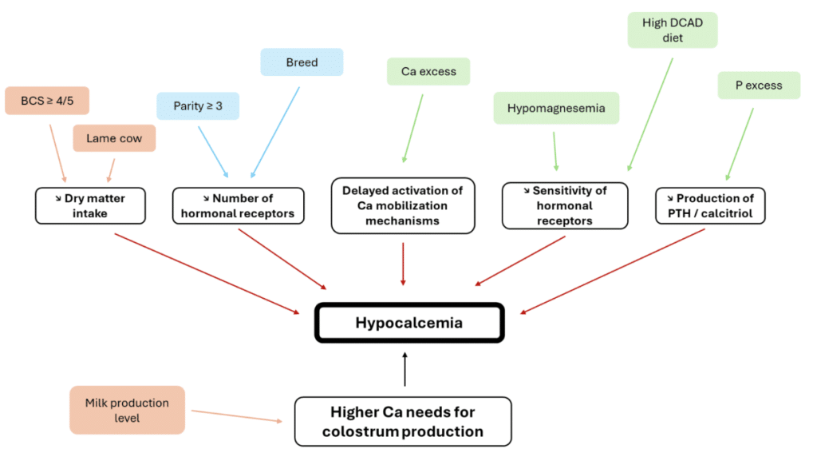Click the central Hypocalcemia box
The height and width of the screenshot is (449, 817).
(408, 323)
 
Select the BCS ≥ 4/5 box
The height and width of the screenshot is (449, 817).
(46, 101)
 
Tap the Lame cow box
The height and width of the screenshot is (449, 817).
(114, 138)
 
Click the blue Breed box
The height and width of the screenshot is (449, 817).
(302, 62)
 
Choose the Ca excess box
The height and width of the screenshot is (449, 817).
(428, 71)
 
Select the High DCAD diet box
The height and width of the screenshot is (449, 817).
(673, 30)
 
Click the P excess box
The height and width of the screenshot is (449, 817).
(759, 85)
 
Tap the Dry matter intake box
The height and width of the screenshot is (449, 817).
(89, 205)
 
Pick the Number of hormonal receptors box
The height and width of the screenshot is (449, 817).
(239, 205)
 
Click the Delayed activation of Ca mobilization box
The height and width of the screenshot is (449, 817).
(402, 205)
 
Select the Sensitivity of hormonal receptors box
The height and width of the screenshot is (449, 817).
(565, 205)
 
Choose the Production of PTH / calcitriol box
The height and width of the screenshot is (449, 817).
(710, 205)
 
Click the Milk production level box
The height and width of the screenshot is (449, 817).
(127, 411)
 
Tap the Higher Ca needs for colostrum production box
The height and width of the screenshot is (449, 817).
(402, 421)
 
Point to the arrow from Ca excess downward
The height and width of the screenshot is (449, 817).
(413, 128)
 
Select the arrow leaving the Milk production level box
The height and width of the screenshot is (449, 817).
(237, 415)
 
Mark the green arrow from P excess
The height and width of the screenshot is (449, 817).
(740, 141)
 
